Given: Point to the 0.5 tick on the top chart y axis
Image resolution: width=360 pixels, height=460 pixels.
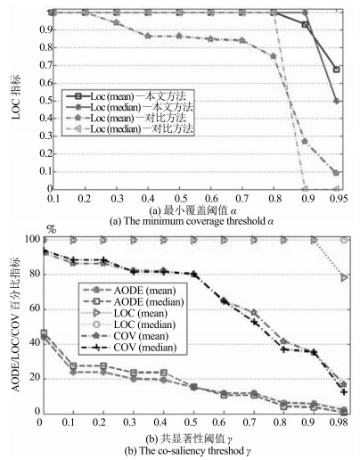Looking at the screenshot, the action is (x=45, y=101).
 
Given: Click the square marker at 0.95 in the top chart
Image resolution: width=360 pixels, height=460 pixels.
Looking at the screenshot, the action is (x=337, y=70).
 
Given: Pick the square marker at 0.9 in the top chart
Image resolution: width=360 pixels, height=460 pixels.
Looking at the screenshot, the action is (x=305, y=24).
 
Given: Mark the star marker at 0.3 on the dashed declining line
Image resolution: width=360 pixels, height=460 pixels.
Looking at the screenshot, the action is (x=117, y=22).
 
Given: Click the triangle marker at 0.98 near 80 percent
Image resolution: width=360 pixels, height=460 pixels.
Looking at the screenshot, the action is (x=344, y=278).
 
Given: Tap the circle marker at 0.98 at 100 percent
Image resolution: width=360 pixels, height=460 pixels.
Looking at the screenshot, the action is (x=344, y=240).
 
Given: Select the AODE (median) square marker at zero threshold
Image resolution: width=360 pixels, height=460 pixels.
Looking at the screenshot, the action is (x=44, y=333).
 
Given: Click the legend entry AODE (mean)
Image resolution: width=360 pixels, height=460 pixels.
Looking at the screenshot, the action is (x=130, y=291).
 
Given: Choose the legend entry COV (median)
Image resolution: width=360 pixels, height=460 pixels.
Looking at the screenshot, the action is (x=130, y=348).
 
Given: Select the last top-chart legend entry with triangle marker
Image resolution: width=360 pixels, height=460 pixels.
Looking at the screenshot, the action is (x=129, y=129).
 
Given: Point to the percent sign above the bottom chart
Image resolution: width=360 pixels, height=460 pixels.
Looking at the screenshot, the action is (x=51, y=229).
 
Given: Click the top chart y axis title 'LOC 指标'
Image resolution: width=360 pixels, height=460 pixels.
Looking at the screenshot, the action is (x=16, y=97).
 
